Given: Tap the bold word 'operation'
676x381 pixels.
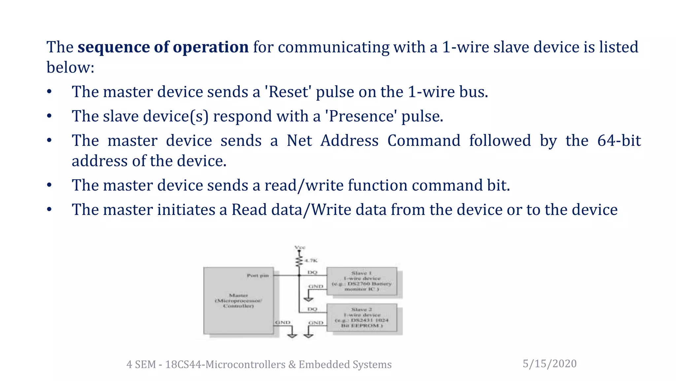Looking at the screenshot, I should (x=211, y=47).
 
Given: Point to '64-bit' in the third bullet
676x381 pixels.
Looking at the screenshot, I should (x=619, y=141).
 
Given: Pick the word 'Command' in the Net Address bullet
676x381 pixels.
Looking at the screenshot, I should (x=423, y=141).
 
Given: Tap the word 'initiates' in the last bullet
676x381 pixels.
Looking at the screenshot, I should (x=186, y=210).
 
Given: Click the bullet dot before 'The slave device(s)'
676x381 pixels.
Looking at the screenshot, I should (x=49, y=116).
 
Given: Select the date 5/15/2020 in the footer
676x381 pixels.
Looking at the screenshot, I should (x=550, y=363).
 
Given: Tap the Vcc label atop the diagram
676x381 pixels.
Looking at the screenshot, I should (x=300, y=247).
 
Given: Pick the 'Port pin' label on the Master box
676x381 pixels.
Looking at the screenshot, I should (x=258, y=275).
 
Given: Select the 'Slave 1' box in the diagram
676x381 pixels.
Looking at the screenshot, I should (x=362, y=281).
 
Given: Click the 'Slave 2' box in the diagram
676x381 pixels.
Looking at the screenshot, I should (x=362, y=317).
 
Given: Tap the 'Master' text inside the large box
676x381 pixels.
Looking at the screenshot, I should (x=238, y=295).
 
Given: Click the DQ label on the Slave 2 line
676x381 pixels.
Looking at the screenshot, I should (x=312, y=309).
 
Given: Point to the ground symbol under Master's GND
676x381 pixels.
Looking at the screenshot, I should (x=292, y=335).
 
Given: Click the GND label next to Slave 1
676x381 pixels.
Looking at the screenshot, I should (x=316, y=286).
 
